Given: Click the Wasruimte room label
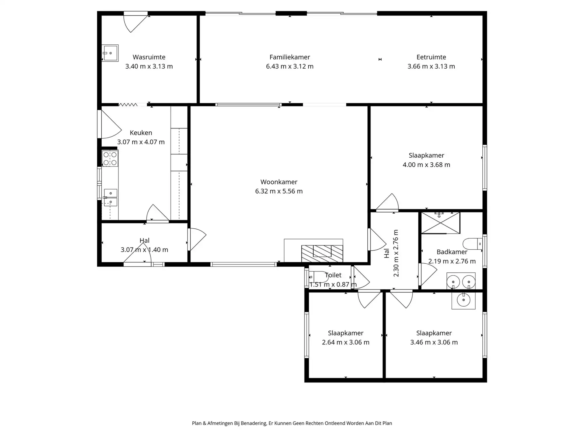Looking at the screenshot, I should pyautogui.click(x=149, y=57).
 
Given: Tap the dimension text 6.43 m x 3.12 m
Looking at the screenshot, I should pyautogui.click(x=290, y=67).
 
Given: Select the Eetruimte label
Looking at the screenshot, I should pyautogui.click(x=431, y=57).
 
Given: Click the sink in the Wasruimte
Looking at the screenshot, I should pyautogui.click(x=110, y=53).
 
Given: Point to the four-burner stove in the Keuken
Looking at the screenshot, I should pyautogui.click(x=110, y=159).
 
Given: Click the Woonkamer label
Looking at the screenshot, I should pyautogui.click(x=279, y=182).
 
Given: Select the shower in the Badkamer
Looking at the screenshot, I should pyautogui.click(x=440, y=223).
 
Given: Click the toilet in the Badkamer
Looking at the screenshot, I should pyautogui.click(x=472, y=244).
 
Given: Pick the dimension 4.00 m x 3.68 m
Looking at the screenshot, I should pyautogui.click(x=426, y=165).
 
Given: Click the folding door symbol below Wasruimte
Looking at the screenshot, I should pyautogui.click(x=128, y=105).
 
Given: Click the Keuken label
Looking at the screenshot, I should pyautogui.click(x=141, y=133).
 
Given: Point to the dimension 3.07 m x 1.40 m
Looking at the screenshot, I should pyautogui.click(x=144, y=250).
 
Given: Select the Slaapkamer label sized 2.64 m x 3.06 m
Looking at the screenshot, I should pyautogui.click(x=345, y=333).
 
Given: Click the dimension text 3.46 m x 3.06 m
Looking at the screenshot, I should pyautogui.click(x=434, y=342).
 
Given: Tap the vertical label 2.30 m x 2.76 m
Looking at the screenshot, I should pyautogui.click(x=396, y=253).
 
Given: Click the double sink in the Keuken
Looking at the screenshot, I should pyautogui.click(x=110, y=198).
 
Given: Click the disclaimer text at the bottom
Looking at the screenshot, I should pyautogui.click(x=292, y=423).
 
